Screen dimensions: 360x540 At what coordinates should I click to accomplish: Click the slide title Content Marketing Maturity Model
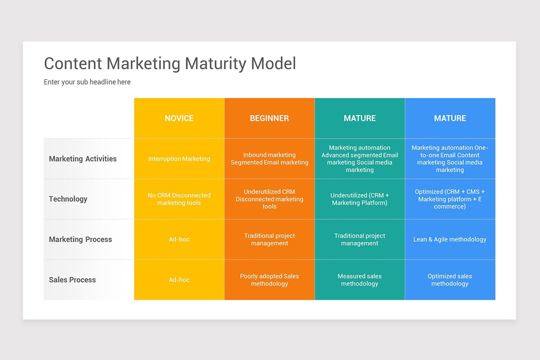tap(170, 63)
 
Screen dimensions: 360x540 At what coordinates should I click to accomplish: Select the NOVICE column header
tap(179, 118)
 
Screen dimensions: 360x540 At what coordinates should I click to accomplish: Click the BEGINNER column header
tap(270, 118)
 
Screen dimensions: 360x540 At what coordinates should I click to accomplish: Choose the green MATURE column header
tap(360, 118)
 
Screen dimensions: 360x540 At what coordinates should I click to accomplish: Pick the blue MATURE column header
tap(450, 118)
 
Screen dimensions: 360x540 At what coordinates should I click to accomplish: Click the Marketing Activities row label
tap(83, 159)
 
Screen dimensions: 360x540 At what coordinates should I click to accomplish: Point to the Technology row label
tap(68, 199)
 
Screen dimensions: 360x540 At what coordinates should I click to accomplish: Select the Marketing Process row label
tap(81, 239)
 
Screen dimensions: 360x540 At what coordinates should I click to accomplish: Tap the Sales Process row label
tap(72, 280)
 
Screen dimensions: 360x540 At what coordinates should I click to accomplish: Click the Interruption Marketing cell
tap(179, 159)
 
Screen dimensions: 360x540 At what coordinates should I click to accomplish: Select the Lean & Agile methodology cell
tap(450, 239)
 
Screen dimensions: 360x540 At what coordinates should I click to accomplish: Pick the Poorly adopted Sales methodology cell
tap(270, 280)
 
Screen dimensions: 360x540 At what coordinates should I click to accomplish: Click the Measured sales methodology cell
tap(360, 280)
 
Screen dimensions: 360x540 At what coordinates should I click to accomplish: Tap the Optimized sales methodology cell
tap(450, 280)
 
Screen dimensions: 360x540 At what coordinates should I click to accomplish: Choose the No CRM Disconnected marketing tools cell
tap(179, 199)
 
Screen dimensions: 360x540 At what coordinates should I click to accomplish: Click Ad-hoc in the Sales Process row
tap(179, 280)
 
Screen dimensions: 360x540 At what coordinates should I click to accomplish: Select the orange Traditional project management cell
tap(270, 239)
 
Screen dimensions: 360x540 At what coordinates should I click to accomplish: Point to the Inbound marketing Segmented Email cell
tap(270, 158)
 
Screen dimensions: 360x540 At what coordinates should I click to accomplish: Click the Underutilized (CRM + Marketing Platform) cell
tap(360, 199)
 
